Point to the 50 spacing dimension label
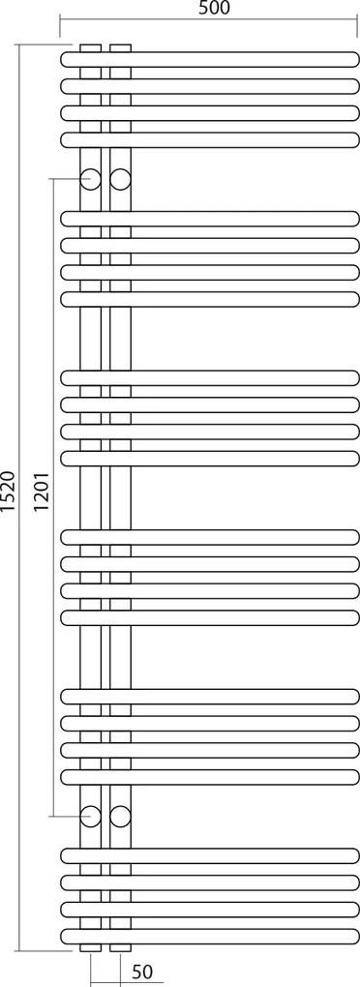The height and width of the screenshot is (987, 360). (x=142, y=971)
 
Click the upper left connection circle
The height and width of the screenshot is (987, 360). (x=90, y=179)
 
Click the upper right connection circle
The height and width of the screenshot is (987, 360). (x=120, y=179)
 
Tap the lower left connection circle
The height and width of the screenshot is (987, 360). (x=90, y=815)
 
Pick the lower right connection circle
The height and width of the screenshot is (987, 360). (x=120, y=815)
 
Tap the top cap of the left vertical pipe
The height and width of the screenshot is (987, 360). (x=90, y=46)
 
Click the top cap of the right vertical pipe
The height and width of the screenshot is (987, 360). (x=120, y=46)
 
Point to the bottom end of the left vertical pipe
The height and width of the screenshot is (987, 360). (x=90, y=947)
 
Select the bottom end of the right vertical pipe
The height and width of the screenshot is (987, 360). (x=120, y=947)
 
